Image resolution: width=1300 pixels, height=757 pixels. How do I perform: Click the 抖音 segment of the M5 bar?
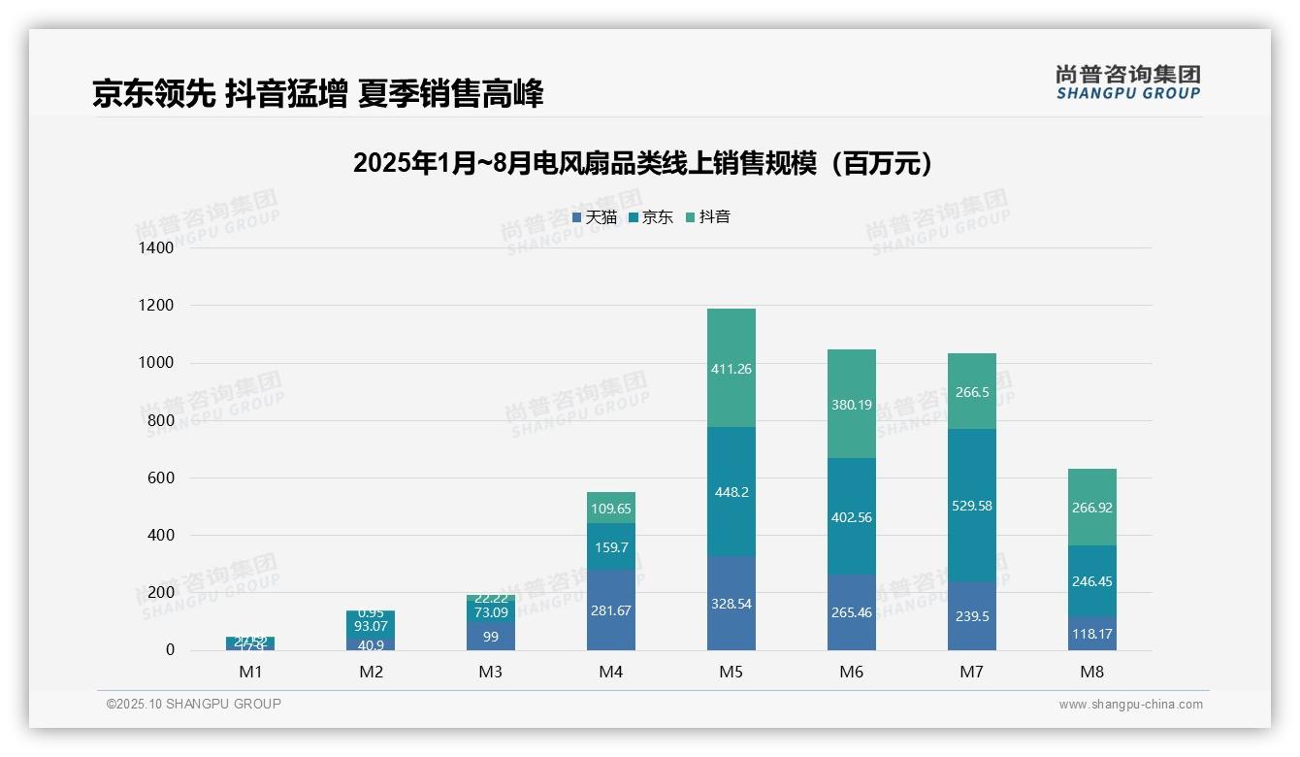[731, 368]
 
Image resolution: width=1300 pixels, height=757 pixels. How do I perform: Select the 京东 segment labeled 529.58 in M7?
[972, 506]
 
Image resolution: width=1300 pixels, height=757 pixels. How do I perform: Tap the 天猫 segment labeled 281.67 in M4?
[611, 609]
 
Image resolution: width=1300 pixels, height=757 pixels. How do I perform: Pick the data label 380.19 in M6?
[852, 405]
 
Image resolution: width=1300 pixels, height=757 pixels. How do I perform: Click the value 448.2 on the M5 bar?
[731, 492]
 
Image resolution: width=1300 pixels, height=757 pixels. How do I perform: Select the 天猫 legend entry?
[595, 217]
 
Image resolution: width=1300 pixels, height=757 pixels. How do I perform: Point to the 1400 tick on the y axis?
[155, 248]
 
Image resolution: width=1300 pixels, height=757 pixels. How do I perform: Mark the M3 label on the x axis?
[491, 672]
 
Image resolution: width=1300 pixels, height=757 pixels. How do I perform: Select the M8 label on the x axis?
[1092, 672]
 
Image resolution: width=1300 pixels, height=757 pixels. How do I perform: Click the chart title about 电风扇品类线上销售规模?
[643, 163]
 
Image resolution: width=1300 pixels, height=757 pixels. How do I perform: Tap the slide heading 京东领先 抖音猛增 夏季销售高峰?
[318, 93]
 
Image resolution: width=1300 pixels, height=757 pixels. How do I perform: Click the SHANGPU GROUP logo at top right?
[1127, 82]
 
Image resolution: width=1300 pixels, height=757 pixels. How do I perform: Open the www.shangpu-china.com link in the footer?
[1130, 705]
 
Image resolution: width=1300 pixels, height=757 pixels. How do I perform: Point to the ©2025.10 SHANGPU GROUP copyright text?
[194, 705]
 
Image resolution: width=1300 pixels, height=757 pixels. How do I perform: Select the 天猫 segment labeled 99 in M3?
[491, 636]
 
